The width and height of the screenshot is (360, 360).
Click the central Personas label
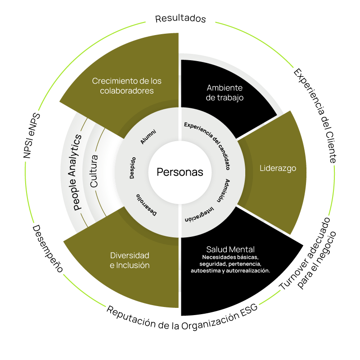[180, 172]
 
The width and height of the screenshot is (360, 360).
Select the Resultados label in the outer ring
[180, 19]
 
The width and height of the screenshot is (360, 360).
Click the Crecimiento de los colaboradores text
[126, 86]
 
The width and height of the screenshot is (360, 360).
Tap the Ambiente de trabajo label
[225, 92]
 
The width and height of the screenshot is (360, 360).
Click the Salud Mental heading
[230, 249]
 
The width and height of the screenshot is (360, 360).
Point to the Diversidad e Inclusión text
[130, 260]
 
